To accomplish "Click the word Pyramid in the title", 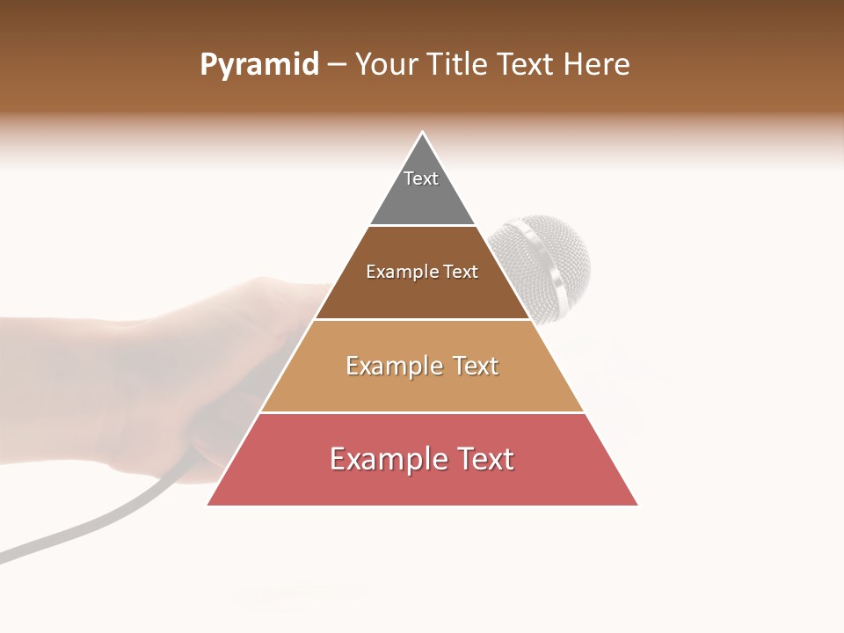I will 258,65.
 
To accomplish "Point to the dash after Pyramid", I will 336,65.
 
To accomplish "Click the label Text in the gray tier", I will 421,178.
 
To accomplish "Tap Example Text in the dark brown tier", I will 422,273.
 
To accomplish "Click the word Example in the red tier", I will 377,459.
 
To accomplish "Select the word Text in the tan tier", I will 470,366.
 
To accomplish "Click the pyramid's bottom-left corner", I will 209,504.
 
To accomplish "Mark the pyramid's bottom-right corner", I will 637,504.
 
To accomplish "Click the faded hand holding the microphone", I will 176,369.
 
